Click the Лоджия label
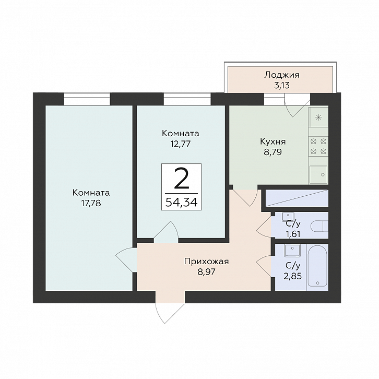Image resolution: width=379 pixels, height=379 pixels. (281, 75)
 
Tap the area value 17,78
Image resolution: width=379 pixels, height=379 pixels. (91, 203)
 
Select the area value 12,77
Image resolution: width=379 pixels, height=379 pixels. (180, 144)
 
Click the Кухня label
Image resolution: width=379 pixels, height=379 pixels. (273, 141)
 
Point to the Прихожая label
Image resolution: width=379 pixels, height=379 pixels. (206, 262)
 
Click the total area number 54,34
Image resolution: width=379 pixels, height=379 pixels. (182, 202)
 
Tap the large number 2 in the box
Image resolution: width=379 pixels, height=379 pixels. (182, 179)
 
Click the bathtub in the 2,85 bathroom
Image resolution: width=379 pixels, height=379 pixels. (317, 267)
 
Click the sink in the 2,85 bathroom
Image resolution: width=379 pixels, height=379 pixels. (292, 251)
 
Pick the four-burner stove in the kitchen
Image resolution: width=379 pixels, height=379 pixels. (318, 146)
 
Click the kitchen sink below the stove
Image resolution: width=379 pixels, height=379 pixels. (318, 174)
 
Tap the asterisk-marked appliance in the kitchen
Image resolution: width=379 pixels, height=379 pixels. (319, 117)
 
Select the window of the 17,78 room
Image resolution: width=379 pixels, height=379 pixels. (87, 99)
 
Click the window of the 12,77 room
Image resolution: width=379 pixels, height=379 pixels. (187, 99)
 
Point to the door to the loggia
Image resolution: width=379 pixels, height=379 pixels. (298, 105)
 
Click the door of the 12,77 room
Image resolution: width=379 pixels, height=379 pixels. (167, 232)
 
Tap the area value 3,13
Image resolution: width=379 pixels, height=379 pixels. (282, 86)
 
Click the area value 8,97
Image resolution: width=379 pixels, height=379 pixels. (206, 272)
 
